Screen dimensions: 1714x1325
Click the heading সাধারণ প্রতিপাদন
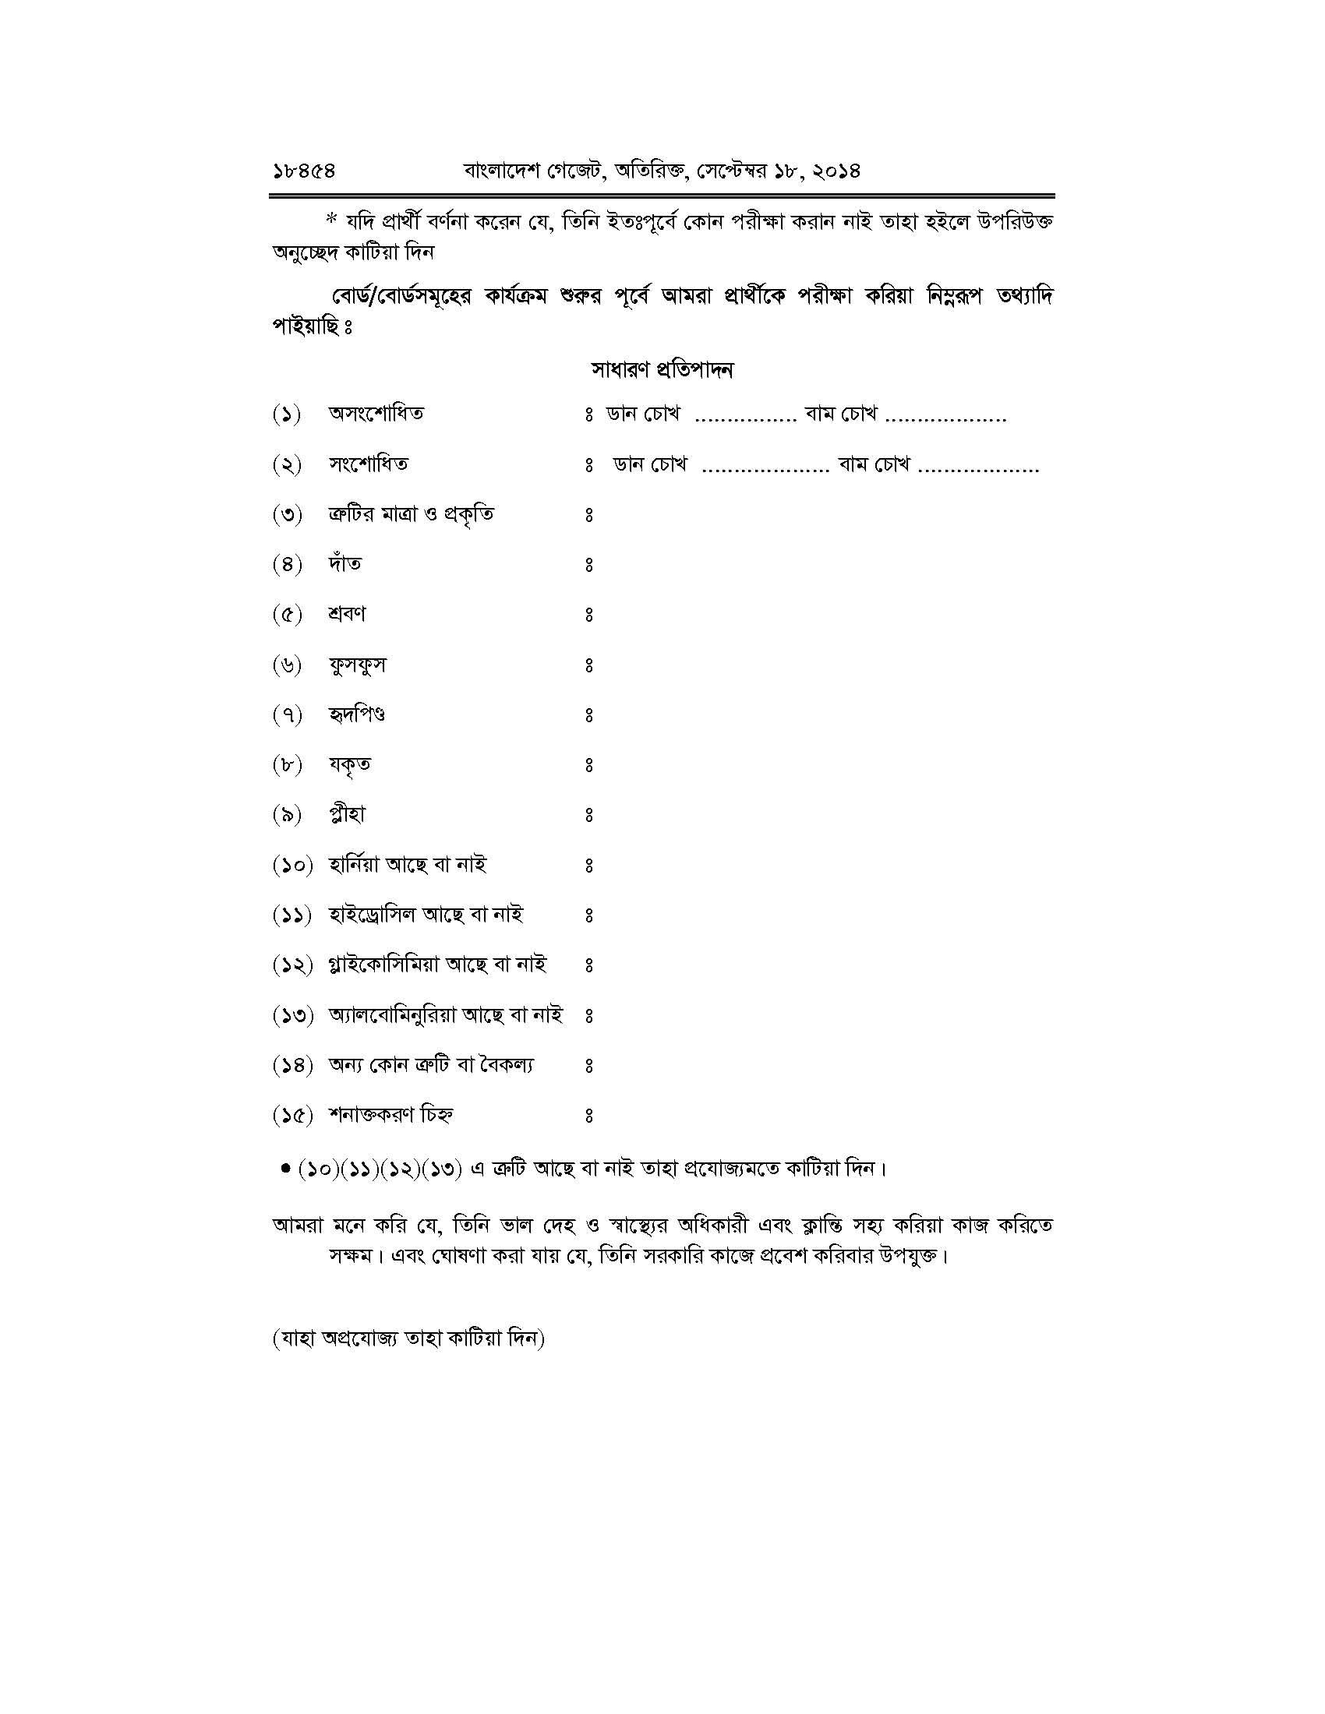point(662,369)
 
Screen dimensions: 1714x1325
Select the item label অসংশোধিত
point(376,414)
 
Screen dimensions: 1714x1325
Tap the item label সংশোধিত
point(368,464)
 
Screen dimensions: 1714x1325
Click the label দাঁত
point(344,563)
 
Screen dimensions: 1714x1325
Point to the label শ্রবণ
point(347,614)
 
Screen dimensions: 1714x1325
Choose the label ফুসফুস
point(357,665)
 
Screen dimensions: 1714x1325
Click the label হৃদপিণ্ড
point(356,715)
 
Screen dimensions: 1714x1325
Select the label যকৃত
point(349,764)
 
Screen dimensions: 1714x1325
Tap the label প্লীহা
point(347,815)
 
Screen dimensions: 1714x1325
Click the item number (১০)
point(293,866)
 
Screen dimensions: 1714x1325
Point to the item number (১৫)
point(293,1115)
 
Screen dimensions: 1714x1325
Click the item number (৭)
point(288,715)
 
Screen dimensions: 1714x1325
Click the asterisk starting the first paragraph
point(330,220)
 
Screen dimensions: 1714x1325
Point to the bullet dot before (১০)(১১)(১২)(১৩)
point(286,1169)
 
